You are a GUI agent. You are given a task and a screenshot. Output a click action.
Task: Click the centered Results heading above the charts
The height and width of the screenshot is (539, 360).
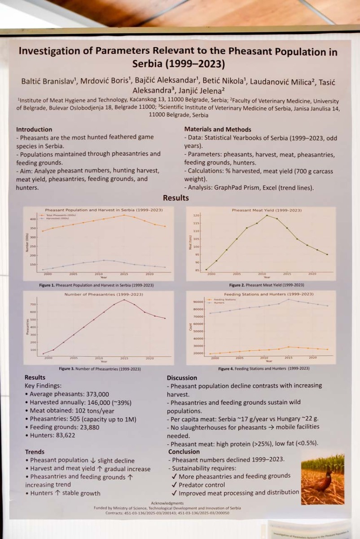pos(176,198)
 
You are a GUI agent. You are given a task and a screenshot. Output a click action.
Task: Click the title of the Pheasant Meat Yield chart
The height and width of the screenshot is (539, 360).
pos(267,210)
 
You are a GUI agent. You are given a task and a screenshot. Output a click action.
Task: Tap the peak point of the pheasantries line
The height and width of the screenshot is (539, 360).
pos(124,300)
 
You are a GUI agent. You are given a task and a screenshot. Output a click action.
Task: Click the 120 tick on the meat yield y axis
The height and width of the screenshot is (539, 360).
pos(196,216)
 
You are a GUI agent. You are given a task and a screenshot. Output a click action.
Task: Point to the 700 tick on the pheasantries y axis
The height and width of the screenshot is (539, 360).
pos(33,305)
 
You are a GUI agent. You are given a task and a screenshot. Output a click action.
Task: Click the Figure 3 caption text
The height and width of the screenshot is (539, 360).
pos(100,369)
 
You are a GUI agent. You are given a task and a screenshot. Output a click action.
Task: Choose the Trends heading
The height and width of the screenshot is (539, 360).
pos(35,452)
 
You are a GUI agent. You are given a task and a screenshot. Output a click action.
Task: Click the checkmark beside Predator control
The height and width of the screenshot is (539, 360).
pos(174,485)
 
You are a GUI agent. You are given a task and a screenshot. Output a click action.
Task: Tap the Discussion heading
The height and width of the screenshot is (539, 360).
pos(182,378)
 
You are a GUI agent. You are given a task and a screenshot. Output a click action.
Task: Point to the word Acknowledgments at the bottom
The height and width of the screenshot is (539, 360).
pos(167,503)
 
